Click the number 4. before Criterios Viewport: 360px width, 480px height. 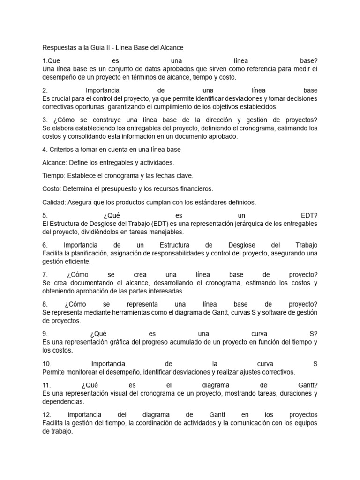pos(45,150)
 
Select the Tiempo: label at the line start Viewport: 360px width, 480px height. pos(53,176)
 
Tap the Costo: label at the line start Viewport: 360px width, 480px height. pos(52,189)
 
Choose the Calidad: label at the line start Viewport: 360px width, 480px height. pos(54,202)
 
